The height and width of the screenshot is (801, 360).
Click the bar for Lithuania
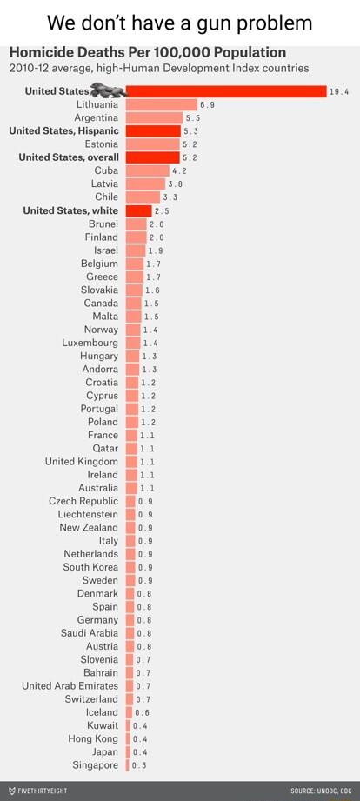(161, 104)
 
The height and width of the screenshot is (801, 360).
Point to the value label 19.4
(339, 91)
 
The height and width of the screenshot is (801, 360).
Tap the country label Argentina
(96, 117)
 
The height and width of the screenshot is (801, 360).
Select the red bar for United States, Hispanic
(153, 131)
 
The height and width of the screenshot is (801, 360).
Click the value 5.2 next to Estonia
(190, 144)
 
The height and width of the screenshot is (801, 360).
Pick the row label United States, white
(70, 210)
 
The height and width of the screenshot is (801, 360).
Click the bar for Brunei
(136, 224)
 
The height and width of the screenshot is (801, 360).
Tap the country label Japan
(105, 751)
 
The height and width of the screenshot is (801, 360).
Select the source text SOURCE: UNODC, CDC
(322, 791)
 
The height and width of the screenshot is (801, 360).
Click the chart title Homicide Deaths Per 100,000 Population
(147, 52)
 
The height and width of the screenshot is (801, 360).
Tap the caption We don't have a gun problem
(179, 21)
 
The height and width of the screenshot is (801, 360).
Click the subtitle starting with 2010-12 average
(158, 68)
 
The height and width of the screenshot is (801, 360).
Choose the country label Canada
(101, 303)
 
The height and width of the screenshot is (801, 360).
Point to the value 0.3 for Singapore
(139, 765)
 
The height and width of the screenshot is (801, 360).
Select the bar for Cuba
(147, 170)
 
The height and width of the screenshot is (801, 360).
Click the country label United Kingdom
(82, 461)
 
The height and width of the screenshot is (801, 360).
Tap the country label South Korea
(90, 567)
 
